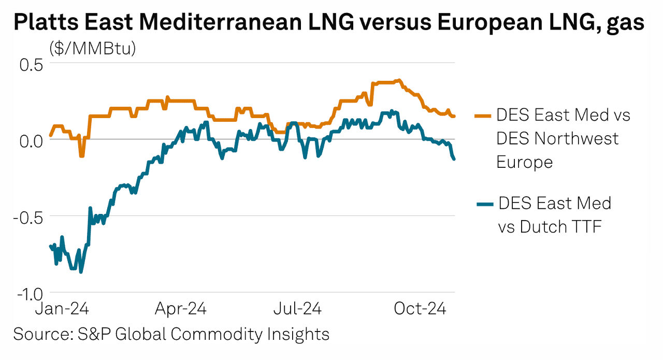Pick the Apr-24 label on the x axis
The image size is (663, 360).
click(x=181, y=309)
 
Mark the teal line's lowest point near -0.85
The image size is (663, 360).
click(x=81, y=271)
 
